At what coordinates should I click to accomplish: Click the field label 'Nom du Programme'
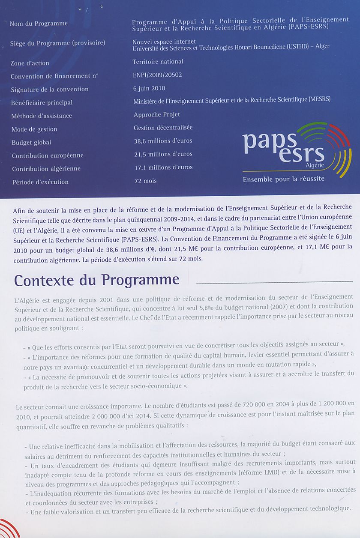click(39, 24)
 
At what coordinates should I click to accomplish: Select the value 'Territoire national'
click(158, 62)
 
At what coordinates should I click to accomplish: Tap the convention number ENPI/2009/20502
click(158, 75)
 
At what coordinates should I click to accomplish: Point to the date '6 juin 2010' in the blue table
click(149, 88)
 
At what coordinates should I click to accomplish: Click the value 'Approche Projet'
click(156, 114)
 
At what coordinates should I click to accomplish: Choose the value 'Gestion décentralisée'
click(163, 127)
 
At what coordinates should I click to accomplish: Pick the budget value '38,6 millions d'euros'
click(163, 140)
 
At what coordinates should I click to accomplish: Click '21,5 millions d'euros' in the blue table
click(163, 154)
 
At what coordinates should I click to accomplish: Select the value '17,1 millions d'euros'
click(163, 167)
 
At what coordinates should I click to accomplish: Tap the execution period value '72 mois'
click(145, 181)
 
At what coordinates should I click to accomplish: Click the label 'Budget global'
click(31, 142)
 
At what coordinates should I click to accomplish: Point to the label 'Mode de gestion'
click(34, 129)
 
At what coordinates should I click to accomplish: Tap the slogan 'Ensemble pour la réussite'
click(283, 179)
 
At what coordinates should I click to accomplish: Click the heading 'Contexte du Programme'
click(96, 280)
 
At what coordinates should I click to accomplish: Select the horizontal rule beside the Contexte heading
click(274, 281)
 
